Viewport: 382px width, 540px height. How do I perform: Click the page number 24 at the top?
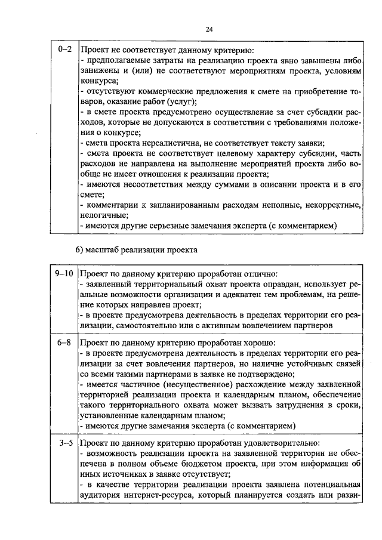coord(209,29)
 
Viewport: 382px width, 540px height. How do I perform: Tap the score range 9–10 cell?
coord(63,273)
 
